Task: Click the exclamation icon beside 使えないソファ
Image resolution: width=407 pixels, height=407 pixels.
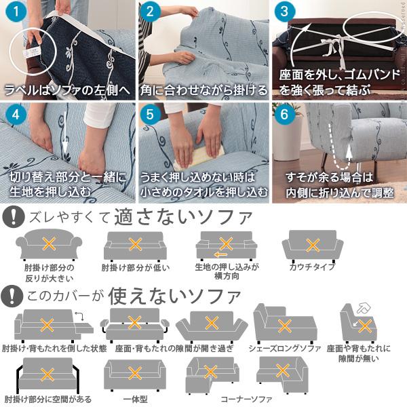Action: [x=12, y=296]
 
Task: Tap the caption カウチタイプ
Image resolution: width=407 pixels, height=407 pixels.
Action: [x=312, y=267]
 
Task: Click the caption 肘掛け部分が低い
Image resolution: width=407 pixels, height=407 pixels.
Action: [x=135, y=267]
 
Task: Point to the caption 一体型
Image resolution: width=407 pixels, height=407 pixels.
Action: [x=135, y=399]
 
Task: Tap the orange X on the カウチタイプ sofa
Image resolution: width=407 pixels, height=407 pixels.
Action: [x=313, y=244]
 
